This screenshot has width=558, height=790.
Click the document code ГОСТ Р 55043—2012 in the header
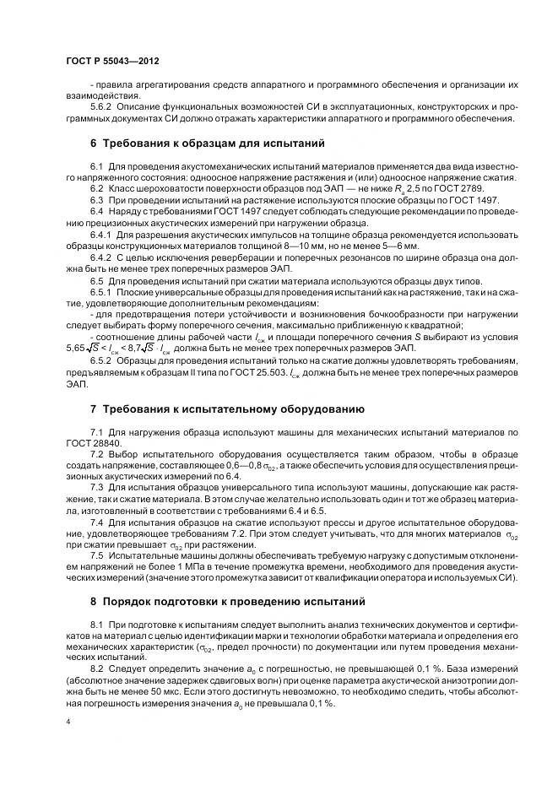click(112, 62)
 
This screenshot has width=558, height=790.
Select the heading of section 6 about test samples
click(207, 143)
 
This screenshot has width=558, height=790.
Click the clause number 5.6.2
click(102, 107)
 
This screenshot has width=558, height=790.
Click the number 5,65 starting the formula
click(78, 345)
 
